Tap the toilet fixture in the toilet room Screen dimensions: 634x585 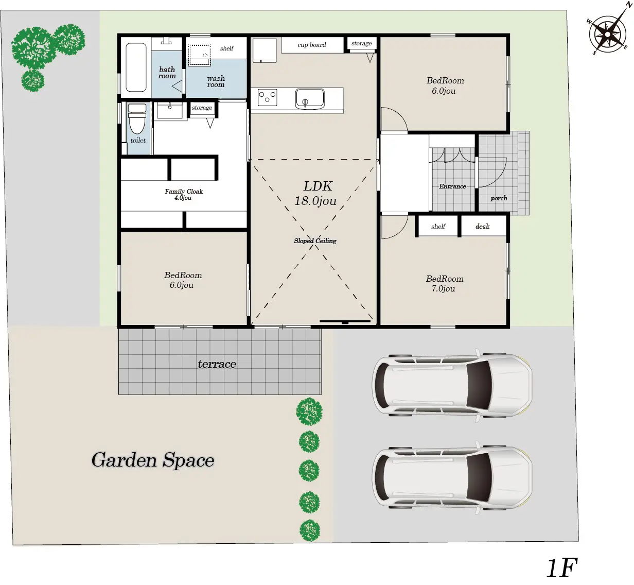137,118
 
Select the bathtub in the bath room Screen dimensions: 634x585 136,67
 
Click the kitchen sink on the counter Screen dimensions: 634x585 310,99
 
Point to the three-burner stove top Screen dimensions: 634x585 268,97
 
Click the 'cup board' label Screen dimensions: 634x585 311,45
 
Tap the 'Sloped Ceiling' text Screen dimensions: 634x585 315,241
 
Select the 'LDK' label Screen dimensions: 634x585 318,186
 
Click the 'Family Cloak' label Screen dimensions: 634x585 184,192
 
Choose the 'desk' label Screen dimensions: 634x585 482,226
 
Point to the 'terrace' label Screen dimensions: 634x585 217,364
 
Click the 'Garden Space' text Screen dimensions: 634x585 153,460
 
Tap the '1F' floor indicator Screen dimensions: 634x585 562,567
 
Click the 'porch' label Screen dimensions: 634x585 499,198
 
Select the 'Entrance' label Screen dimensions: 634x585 452,186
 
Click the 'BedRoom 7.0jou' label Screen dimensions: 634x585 445,284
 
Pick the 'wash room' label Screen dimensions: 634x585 216,81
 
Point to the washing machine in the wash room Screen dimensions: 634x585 200,55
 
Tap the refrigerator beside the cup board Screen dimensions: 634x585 265,50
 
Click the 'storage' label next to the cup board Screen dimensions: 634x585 361,43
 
